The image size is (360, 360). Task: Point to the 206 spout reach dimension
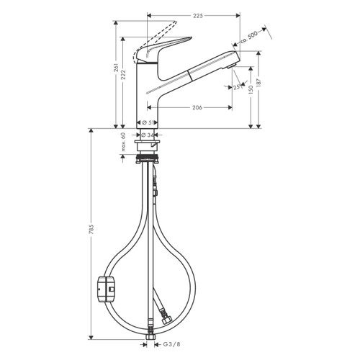192,107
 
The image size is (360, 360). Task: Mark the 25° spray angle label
237,87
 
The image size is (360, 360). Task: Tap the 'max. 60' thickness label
123,140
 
